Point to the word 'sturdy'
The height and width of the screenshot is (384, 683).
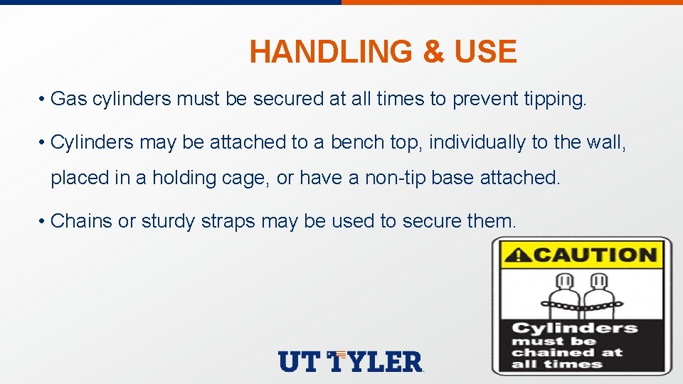pyautogui.click(x=168, y=222)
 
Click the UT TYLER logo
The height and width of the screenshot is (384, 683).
pyautogui.click(x=351, y=361)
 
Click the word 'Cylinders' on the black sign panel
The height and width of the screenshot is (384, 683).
pyautogui.click(x=575, y=329)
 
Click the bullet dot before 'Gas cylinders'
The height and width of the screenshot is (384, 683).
pyautogui.click(x=43, y=100)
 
